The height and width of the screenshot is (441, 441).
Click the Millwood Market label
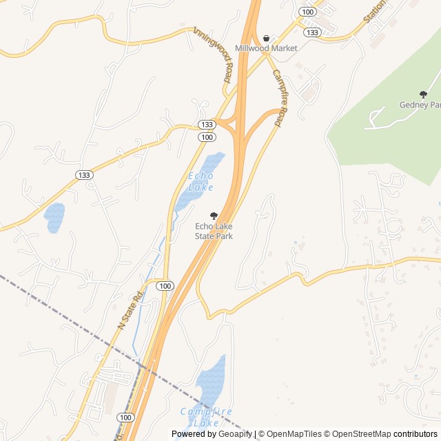coord(266,48)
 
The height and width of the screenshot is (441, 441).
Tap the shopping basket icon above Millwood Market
coord(266,38)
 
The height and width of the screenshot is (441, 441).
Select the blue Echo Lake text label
coord(201,182)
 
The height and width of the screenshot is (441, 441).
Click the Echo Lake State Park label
coord(214,231)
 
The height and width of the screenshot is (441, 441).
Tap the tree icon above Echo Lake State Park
coord(214,216)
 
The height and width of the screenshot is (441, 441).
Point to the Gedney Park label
coord(420,105)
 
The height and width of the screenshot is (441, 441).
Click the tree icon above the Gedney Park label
coord(423,94)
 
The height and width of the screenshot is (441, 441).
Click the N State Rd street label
coord(129,309)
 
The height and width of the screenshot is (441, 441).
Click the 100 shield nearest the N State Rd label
coord(164,286)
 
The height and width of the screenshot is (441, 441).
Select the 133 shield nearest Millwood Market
coord(312,32)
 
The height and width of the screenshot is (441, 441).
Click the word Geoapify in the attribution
coord(235,434)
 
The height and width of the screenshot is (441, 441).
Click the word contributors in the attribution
coord(416,434)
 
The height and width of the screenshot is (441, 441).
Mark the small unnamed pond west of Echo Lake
coord(54,217)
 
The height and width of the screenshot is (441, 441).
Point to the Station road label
coord(376,12)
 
